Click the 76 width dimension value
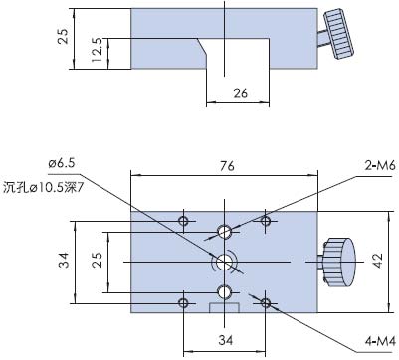click(x=226, y=167)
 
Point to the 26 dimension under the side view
click(x=239, y=94)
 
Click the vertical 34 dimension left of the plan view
click(x=64, y=261)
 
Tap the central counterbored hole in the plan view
click(x=225, y=262)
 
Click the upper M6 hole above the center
click(x=225, y=232)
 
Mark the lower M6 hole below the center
click(x=225, y=291)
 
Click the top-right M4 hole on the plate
click(x=266, y=220)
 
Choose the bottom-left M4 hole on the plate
click(x=182, y=302)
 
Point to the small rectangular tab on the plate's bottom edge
click(x=225, y=313)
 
